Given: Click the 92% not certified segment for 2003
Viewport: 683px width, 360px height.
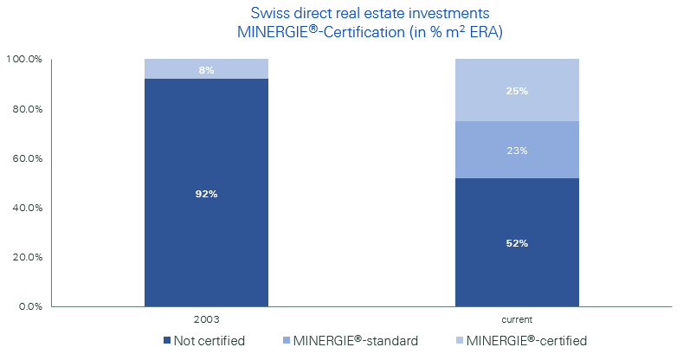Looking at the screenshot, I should [x=205, y=193].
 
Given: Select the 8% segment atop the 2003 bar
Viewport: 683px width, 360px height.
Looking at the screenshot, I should [x=205, y=69].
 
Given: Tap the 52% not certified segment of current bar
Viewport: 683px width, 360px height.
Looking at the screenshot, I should [x=517, y=243].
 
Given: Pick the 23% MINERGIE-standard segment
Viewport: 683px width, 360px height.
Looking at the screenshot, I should [x=517, y=150].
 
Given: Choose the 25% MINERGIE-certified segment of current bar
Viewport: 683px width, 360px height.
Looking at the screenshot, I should [x=517, y=90].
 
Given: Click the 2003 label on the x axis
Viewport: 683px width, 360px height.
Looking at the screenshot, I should [x=205, y=318].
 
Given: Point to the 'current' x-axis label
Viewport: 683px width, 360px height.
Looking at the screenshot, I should [x=517, y=318].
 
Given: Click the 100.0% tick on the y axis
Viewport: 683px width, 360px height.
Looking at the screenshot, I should [x=23, y=60].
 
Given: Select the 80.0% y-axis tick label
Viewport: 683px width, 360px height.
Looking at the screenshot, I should [x=25, y=109].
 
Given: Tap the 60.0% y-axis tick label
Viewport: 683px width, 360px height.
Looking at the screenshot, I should [x=25, y=158].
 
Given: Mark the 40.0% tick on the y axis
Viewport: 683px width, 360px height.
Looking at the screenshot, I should [x=25, y=208].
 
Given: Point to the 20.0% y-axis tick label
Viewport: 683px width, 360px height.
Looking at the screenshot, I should [x=25, y=257].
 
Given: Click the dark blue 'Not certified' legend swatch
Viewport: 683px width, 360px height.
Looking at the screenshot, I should [x=165, y=341].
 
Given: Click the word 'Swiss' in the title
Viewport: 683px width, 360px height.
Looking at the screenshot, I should [x=267, y=14].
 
